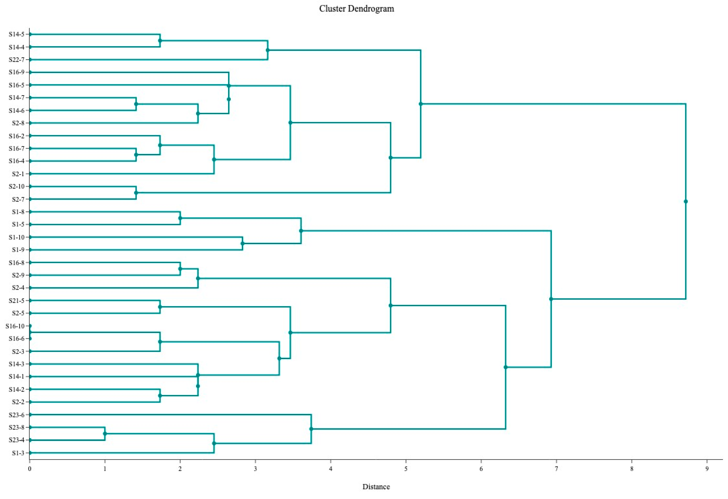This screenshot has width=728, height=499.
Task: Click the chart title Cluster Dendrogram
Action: point(356,9)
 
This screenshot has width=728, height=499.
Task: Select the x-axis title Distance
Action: point(376,487)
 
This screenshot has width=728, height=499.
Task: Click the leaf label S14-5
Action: point(16,34)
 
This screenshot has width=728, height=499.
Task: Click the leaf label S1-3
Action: point(18,453)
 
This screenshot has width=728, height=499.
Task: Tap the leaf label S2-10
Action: point(16,186)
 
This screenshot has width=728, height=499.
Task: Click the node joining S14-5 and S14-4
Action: point(160,41)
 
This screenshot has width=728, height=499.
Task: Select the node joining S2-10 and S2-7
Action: point(136,193)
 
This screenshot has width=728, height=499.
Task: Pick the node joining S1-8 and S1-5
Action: point(180,218)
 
